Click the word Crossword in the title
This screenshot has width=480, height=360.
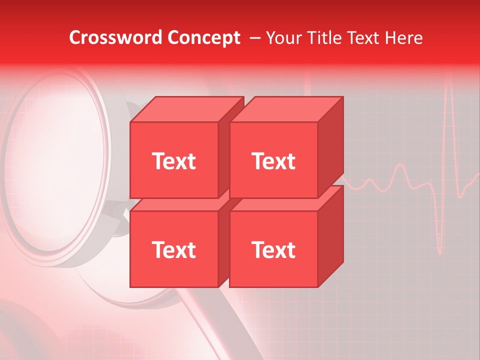coord(116,38)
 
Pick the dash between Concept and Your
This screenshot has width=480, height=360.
coord(254,38)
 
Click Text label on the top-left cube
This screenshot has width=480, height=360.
coord(173,161)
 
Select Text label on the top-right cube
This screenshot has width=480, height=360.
coord(273,161)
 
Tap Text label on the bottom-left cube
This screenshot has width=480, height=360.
coord(173,250)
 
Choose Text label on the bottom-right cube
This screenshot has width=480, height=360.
coord(273,250)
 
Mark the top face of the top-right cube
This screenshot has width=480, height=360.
coord(286,109)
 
